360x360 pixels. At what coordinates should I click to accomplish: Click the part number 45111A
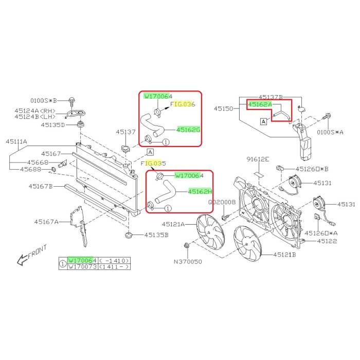pyautogui.click(x=16, y=141)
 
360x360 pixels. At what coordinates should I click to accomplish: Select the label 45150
pyautogui.click(x=223, y=109)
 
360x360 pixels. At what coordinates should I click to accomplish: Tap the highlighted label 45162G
pyautogui.click(x=188, y=130)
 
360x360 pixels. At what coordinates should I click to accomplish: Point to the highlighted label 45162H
pyautogui.click(x=200, y=191)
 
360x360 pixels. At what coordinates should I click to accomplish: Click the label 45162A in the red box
pyautogui.click(x=260, y=104)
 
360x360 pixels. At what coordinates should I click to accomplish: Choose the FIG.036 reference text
pyautogui.click(x=183, y=104)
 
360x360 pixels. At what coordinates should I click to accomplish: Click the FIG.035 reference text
pyautogui.click(x=153, y=163)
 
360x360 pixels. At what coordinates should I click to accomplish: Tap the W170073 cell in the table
pyautogui.click(x=83, y=266)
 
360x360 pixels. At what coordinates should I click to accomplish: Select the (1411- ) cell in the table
pyautogui.click(x=114, y=266)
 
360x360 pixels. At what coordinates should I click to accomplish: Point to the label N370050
pyautogui.click(x=188, y=261)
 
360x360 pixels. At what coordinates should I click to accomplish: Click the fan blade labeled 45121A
pyautogui.click(x=210, y=231)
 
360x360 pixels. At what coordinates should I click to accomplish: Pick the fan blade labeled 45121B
pyautogui.click(x=247, y=243)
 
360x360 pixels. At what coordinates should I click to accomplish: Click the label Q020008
pyautogui.click(x=222, y=202)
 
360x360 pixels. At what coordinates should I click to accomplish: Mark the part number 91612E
pyautogui.click(x=258, y=159)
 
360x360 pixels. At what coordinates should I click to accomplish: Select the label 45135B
pyautogui.click(x=156, y=235)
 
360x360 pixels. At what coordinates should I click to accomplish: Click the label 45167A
pyautogui.click(x=46, y=222)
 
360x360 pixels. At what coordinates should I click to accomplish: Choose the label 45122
pyautogui.click(x=327, y=241)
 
